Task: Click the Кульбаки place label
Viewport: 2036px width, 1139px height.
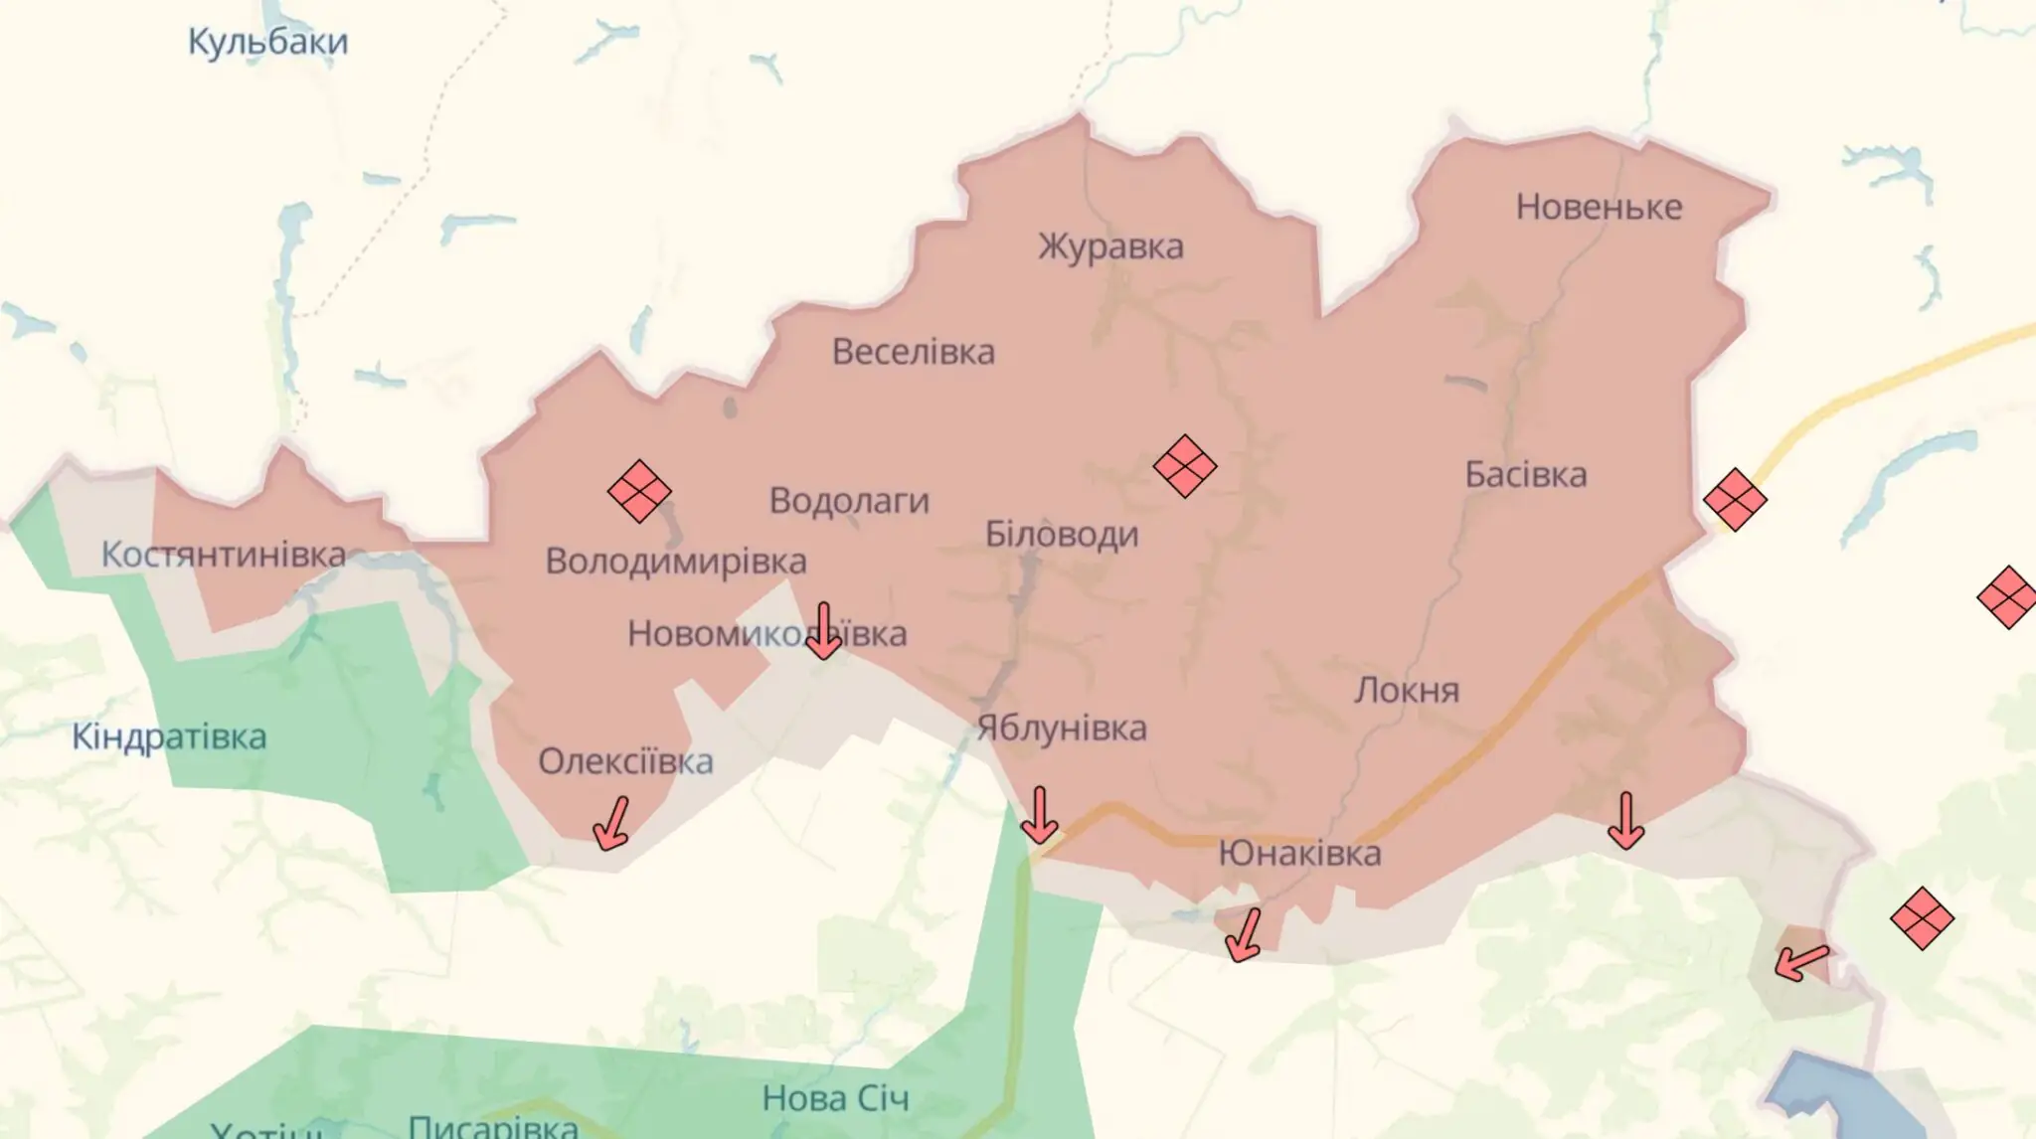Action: [x=267, y=43]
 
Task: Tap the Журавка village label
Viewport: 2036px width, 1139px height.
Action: [x=1110, y=246]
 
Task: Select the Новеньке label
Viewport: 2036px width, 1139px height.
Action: [x=1599, y=207]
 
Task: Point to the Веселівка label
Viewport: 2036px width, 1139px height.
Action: [x=913, y=352]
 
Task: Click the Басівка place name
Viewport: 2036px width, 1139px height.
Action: [x=1525, y=475]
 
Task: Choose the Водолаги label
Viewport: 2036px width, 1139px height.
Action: [x=849, y=500]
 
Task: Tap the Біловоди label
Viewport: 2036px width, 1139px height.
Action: [x=1062, y=535]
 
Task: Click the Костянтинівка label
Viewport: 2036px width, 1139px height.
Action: [x=224, y=555]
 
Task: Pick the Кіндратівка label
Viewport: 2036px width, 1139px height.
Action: [x=169, y=737]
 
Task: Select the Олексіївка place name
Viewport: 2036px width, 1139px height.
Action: [x=625, y=761]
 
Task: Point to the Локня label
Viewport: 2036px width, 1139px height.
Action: [x=1406, y=690]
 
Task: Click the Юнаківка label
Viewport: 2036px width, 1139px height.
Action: [x=1299, y=853]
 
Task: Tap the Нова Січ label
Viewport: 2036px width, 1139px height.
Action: [x=835, y=1098]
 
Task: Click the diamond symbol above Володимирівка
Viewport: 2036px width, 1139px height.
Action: [x=639, y=491]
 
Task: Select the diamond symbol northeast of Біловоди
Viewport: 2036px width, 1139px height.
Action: [x=1184, y=465]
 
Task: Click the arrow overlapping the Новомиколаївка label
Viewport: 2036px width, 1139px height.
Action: [x=823, y=632]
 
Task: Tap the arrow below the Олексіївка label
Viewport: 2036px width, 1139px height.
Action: [x=611, y=824]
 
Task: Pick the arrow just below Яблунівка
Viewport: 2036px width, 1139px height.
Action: [x=1039, y=815]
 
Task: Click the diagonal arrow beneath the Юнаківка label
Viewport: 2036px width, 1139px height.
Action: [x=1244, y=935]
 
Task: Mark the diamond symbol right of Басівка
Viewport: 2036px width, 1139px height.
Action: [x=1735, y=499]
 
